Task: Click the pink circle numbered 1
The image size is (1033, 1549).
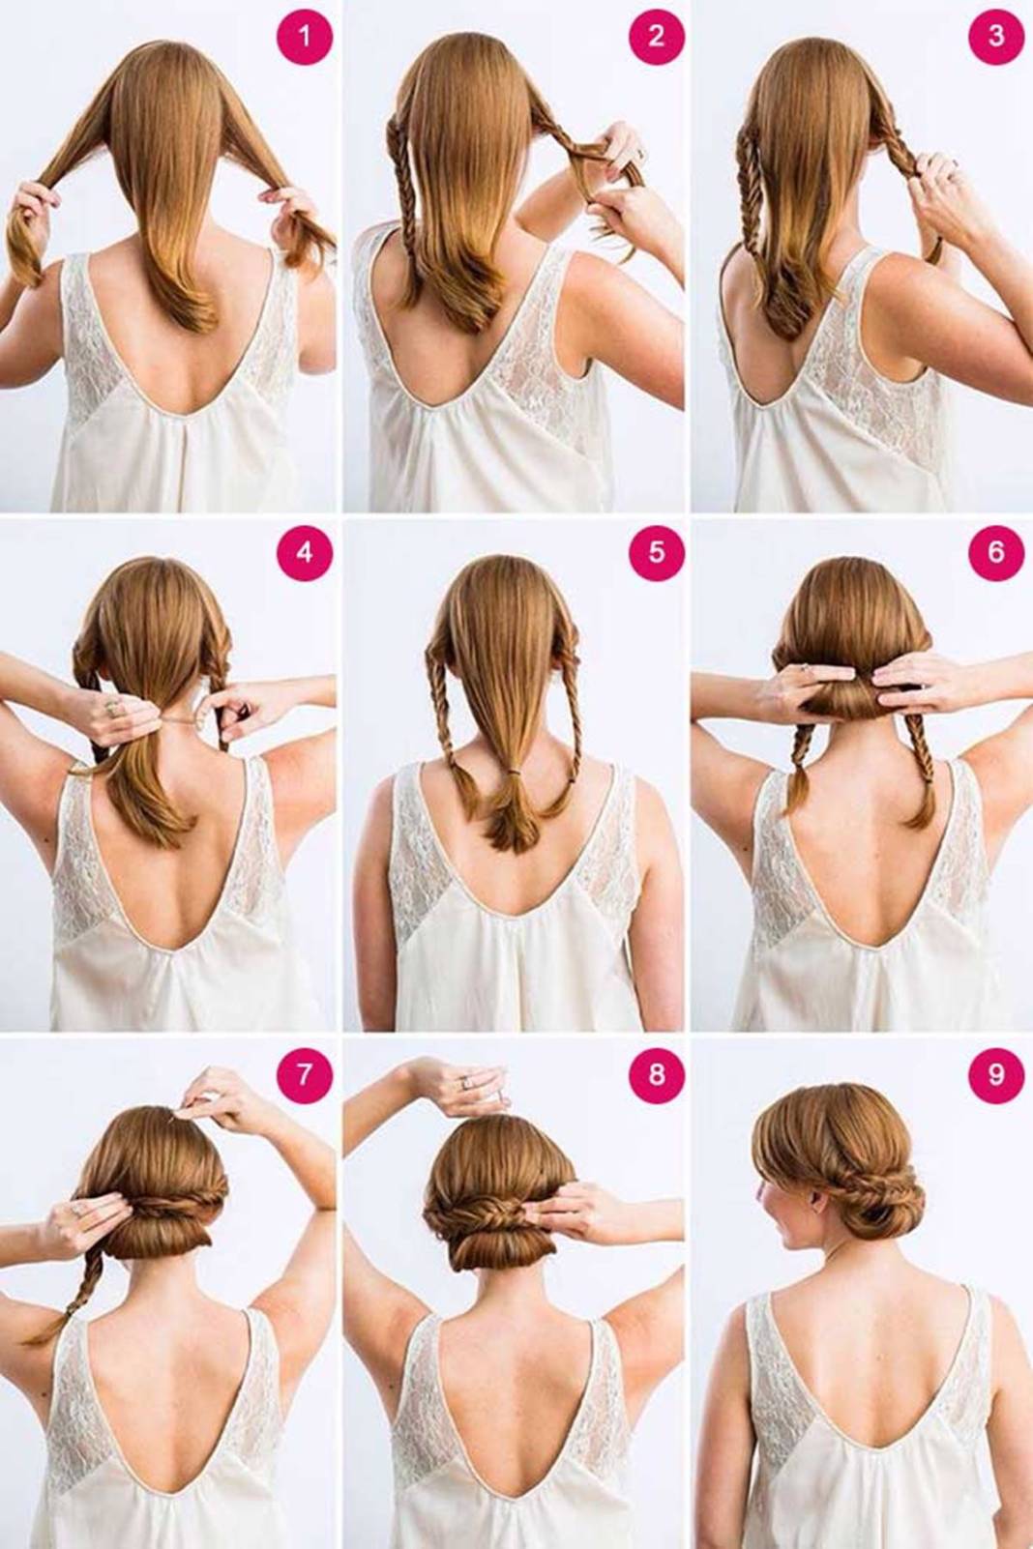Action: (305, 36)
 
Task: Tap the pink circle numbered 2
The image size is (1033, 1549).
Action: (657, 36)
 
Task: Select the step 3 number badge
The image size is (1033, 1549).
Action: (995, 36)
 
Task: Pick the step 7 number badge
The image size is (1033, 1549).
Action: (305, 1074)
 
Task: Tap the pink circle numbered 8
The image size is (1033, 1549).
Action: (657, 1074)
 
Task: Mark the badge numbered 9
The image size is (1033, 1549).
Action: (995, 1074)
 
